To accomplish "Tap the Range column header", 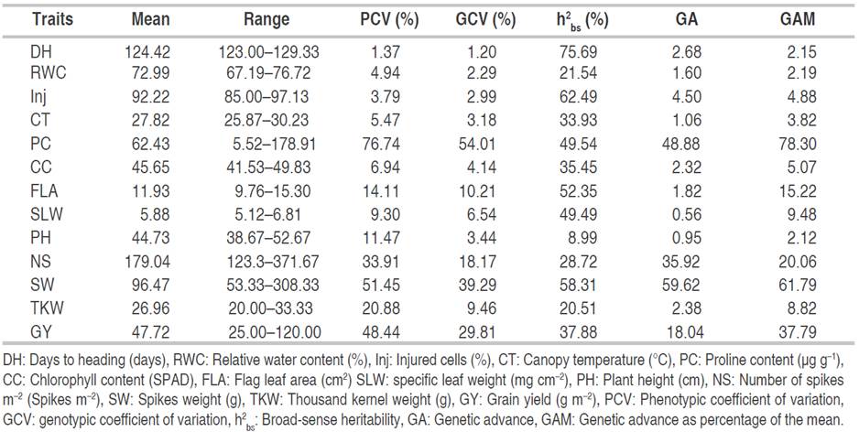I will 266,19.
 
